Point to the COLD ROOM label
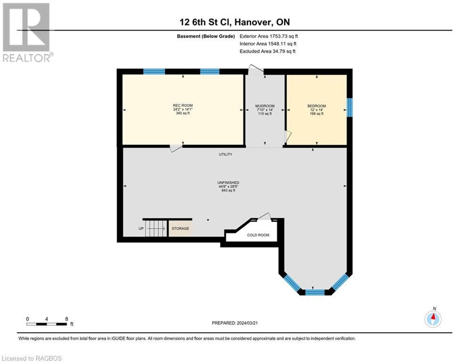pos(258,235)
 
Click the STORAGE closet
pos(180,229)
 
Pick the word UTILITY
pos(225,154)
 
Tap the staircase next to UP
pos(156,229)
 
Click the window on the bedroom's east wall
pos(349,107)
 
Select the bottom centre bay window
pos(315,292)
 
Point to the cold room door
pos(264,216)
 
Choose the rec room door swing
pos(175,148)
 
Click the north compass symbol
pos(432,319)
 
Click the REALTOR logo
pos(27,33)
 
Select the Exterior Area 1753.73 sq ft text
pos(269,36)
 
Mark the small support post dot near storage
pos(208,220)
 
